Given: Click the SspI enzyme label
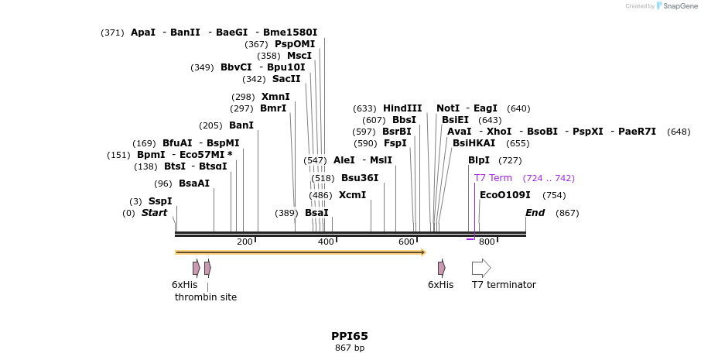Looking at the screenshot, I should pyautogui.click(x=160, y=201).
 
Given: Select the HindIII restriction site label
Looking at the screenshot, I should pyautogui.click(x=402, y=108).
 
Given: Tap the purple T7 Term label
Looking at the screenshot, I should pyautogui.click(x=493, y=178).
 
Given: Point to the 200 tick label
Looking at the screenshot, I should pyautogui.click(x=244, y=242).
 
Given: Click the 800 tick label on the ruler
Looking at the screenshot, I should pyautogui.click(x=487, y=242).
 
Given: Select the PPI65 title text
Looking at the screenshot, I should pyautogui.click(x=350, y=336).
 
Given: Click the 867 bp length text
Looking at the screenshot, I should pyautogui.click(x=350, y=348).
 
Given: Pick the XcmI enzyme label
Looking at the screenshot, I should pyautogui.click(x=352, y=195).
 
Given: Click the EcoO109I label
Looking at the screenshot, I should pyautogui.click(x=505, y=195).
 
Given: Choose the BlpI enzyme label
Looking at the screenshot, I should pyautogui.click(x=479, y=160).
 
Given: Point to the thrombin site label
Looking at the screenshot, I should pyautogui.click(x=206, y=297).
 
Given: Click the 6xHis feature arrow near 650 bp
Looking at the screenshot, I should pyautogui.click(x=441, y=268).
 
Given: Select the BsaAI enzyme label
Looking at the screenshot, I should pyautogui.click(x=194, y=183).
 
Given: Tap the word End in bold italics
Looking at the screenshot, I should pyautogui.click(x=535, y=213).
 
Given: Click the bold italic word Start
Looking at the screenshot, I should pyautogui.click(x=154, y=213).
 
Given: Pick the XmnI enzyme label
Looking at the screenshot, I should pyautogui.click(x=275, y=97).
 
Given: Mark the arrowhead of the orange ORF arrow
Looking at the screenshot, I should pyautogui.click(x=423, y=252).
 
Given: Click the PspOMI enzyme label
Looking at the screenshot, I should pyautogui.click(x=295, y=44).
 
